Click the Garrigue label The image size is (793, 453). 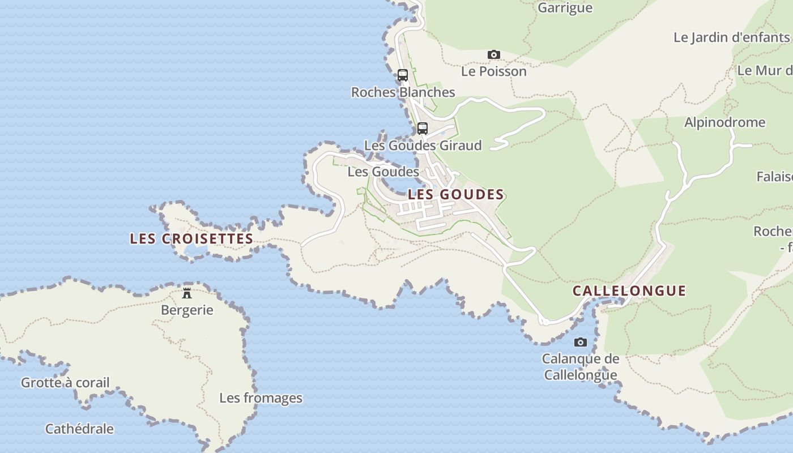(x=565, y=8)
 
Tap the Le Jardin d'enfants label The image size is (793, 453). (x=732, y=37)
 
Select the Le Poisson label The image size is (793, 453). (x=493, y=71)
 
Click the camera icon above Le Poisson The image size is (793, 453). (x=494, y=55)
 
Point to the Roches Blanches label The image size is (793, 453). (x=403, y=92)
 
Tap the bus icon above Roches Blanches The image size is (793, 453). (x=403, y=75)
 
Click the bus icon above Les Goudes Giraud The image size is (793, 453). (x=423, y=128)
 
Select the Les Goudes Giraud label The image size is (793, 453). (x=423, y=146)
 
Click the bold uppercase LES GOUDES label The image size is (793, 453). (x=456, y=194)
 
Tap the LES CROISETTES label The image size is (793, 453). (x=191, y=239)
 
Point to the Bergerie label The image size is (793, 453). (x=187, y=310)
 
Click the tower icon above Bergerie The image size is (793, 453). (x=187, y=293)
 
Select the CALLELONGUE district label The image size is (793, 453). (x=629, y=291)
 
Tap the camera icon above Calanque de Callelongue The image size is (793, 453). (x=580, y=342)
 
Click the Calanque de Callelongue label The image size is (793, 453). (x=581, y=367)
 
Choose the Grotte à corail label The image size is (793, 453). (x=65, y=383)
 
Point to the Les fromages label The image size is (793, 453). (x=261, y=398)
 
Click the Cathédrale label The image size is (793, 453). (x=79, y=429)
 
